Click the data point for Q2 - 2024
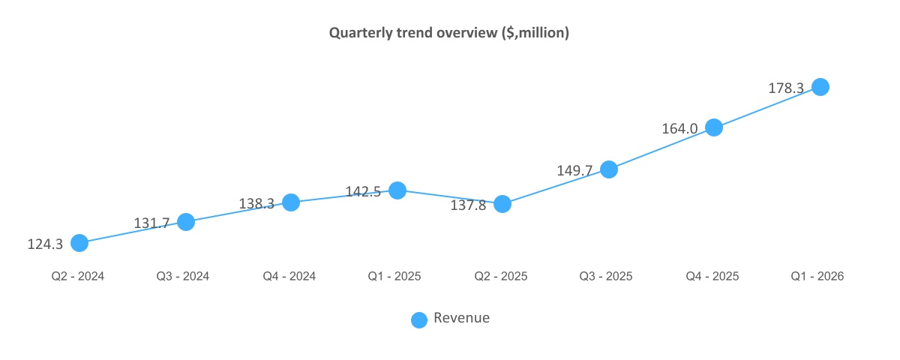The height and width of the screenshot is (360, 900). click(79, 242)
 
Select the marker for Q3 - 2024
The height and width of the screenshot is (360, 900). click(186, 222)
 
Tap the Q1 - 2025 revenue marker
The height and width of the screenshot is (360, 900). click(397, 190)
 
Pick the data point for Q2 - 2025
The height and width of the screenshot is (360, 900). click(502, 204)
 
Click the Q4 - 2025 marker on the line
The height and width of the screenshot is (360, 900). click(714, 127)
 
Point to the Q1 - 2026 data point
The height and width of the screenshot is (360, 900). click(820, 87)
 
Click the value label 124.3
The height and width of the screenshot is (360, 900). click(45, 244)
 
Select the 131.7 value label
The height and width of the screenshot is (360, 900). click(151, 223)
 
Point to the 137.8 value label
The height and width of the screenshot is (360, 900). click(468, 205)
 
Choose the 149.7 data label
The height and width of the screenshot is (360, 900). click(574, 170)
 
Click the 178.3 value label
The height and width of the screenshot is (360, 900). click(786, 88)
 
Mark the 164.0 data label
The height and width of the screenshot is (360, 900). click(679, 128)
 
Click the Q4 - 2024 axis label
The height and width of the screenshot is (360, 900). click(289, 276)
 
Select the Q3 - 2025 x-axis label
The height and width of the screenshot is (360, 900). click(606, 276)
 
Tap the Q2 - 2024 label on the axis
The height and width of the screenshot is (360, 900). click(78, 276)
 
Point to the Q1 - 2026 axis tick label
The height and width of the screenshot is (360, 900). click(817, 276)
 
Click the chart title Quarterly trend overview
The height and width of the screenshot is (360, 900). click(449, 34)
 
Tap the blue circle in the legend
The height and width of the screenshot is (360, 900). click(419, 319)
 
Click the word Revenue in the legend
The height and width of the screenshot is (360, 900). click(461, 318)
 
